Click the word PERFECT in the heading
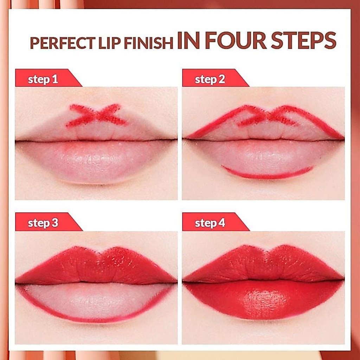[x=63, y=43]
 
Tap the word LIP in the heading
[x=110, y=43]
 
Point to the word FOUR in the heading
[x=236, y=40]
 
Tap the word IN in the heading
[x=188, y=40]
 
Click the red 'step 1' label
[x=49, y=78]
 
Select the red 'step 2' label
[x=216, y=78]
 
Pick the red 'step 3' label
[x=49, y=221]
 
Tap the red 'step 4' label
[x=216, y=221]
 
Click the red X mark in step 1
[x=96, y=115]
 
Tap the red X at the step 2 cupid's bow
[x=268, y=116]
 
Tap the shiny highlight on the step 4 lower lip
[x=264, y=301]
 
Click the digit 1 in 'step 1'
[x=55, y=79]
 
